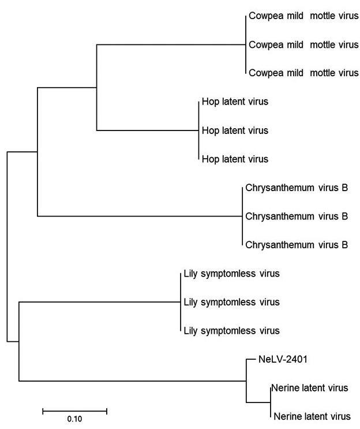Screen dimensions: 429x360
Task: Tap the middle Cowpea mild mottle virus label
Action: click(303, 44)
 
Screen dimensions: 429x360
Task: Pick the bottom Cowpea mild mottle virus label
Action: click(303, 73)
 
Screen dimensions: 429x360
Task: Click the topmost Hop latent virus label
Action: click(235, 102)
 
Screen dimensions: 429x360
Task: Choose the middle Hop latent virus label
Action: click(235, 130)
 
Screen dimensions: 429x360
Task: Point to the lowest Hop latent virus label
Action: click(235, 158)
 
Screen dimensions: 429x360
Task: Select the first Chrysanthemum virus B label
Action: click(297, 188)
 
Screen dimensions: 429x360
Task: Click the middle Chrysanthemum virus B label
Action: click(297, 217)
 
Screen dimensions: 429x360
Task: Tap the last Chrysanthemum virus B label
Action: click(297, 245)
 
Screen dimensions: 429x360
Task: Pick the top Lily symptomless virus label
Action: click(231, 273)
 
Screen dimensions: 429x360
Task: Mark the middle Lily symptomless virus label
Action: click(231, 302)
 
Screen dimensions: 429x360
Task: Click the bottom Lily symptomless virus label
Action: click(231, 331)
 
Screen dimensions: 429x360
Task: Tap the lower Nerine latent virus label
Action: click(312, 416)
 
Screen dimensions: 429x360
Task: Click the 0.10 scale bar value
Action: click(74, 420)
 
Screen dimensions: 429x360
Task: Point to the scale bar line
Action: click(74, 411)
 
